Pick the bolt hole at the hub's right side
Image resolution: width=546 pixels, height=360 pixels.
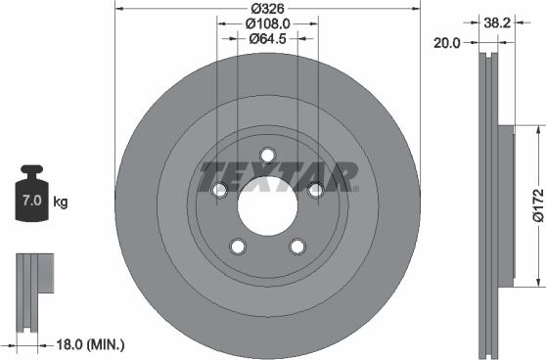(x=315, y=192)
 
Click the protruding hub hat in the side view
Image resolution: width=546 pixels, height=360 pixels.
(x=505, y=206)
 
